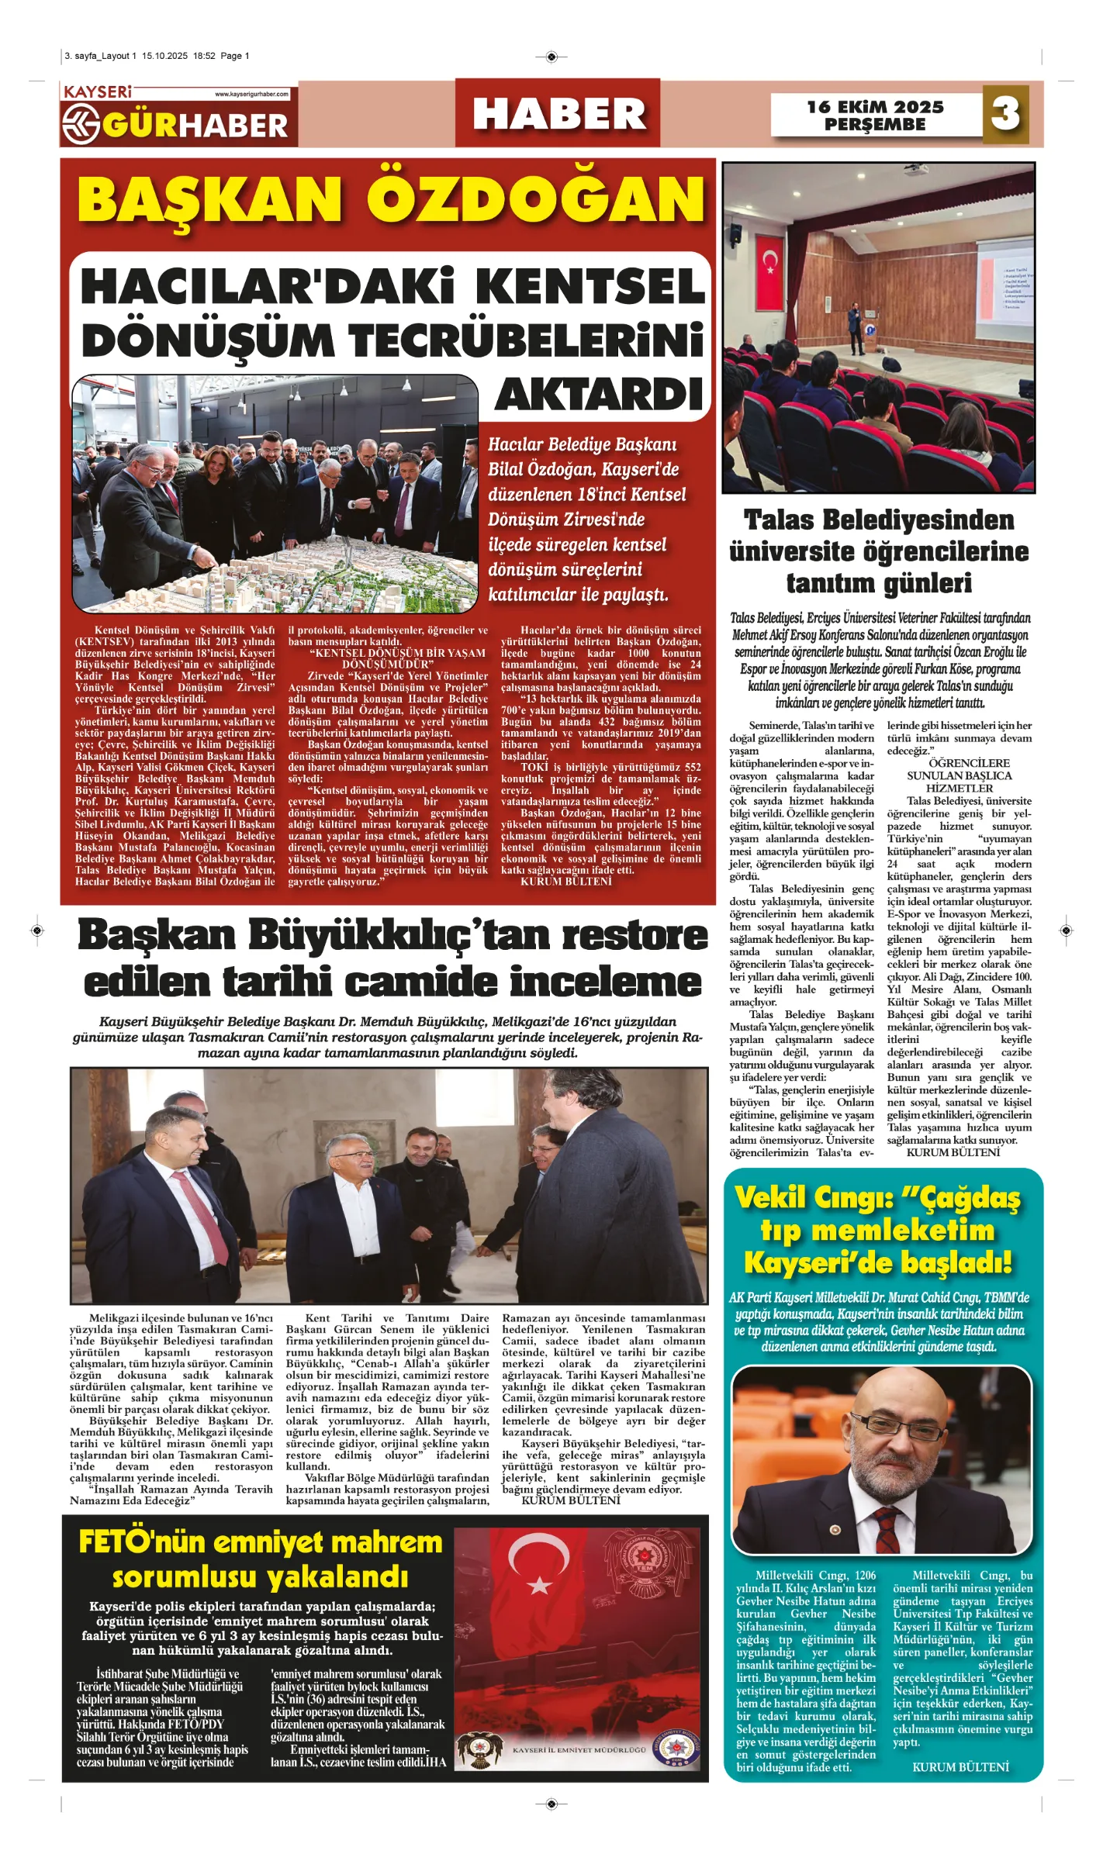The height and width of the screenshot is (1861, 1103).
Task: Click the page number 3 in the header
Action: [1005, 114]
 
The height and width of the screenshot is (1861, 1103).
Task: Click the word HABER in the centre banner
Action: [558, 114]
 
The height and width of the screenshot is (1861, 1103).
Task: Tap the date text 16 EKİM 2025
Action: [875, 107]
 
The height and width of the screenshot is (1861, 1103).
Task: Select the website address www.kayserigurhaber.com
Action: [251, 95]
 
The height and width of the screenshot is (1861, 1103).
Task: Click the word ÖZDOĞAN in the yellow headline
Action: [535, 199]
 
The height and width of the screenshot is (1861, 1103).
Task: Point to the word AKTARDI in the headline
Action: [599, 395]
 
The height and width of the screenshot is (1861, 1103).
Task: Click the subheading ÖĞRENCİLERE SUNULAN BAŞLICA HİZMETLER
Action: [959, 775]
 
